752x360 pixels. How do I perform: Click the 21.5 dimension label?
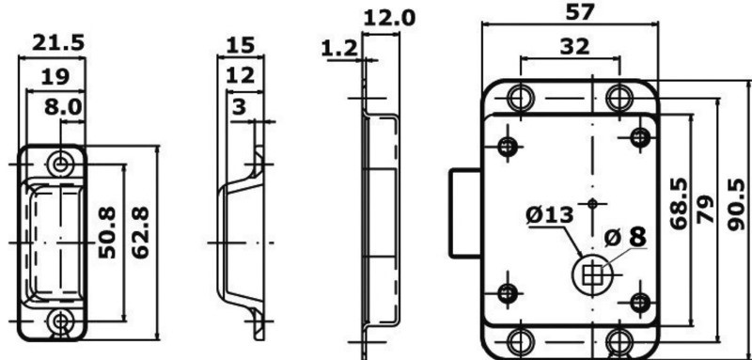click(58, 42)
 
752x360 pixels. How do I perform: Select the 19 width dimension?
click(55, 77)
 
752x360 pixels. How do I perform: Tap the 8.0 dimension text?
click(63, 107)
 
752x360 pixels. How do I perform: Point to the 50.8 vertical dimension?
click(107, 232)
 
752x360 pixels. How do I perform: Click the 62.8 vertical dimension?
click(140, 232)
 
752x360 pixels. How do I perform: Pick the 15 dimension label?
click(240, 45)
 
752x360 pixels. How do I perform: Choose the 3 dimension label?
click(239, 107)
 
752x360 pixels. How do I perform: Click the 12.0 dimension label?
click(389, 19)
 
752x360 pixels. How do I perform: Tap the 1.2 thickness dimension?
click(339, 49)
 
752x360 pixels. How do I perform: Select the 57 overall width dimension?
click(580, 12)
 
